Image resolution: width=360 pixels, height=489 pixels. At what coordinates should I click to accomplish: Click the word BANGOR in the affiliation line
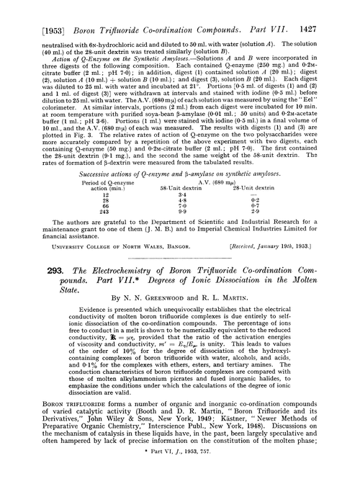(148, 246)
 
